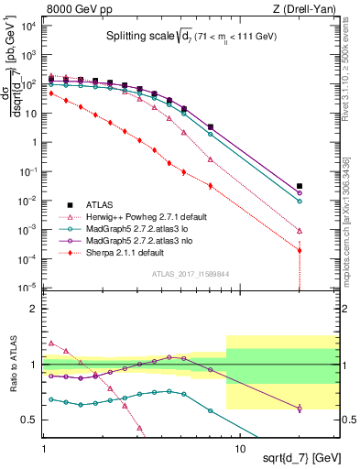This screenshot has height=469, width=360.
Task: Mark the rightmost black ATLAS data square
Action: (x=300, y=187)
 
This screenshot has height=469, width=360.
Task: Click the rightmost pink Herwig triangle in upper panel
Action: (x=300, y=231)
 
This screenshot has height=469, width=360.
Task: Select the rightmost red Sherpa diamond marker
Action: (x=300, y=250)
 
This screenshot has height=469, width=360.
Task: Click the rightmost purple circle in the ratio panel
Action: (x=300, y=408)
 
